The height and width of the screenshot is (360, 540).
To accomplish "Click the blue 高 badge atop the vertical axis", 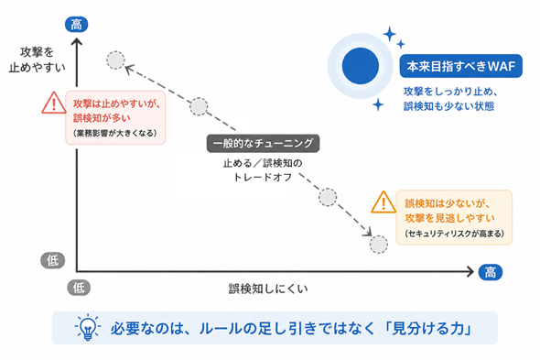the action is (x=77, y=25).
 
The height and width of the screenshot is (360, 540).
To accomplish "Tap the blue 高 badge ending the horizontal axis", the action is (x=491, y=272).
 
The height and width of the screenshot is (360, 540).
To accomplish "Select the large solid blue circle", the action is (x=361, y=66).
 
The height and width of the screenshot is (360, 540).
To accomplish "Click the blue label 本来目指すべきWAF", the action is (x=460, y=66).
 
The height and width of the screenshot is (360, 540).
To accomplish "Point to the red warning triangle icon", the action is (x=54, y=103).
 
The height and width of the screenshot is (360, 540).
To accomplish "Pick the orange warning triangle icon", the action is (x=383, y=202).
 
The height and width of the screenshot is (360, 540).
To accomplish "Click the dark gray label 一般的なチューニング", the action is (x=263, y=143).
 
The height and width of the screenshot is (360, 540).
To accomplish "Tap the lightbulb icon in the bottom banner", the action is (x=88, y=327).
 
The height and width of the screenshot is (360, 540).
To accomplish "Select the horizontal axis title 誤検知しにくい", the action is (x=268, y=289).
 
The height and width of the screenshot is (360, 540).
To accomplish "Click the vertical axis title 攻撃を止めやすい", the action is (x=38, y=60).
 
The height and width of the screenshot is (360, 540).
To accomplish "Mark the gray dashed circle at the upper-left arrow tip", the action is (x=115, y=60).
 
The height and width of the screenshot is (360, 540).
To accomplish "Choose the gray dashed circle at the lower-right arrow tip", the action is (x=379, y=245).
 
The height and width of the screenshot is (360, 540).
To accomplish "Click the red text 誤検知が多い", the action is (x=102, y=118).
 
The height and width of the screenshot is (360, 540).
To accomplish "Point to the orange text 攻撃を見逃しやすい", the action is (x=449, y=218).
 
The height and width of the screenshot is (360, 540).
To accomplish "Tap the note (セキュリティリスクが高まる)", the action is (x=454, y=234).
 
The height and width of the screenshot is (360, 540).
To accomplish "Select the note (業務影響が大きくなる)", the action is (x=115, y=133).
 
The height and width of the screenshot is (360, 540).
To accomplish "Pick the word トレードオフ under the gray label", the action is (x=263, y=177).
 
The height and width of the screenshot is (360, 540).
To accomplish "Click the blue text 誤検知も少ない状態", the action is (x=449, y=106).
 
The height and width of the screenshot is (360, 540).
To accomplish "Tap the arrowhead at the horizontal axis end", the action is (x=470, y=271).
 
